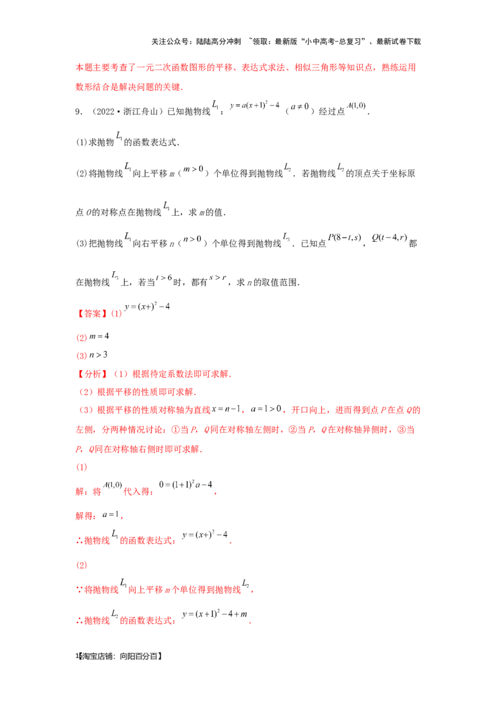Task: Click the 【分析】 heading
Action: (x=91, y=374)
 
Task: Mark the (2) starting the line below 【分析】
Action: (x=86, y=392)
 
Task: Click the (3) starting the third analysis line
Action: (x=86, y=410)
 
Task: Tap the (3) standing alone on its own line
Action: (x=79, y=566)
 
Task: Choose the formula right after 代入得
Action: (x=186, y=487)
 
